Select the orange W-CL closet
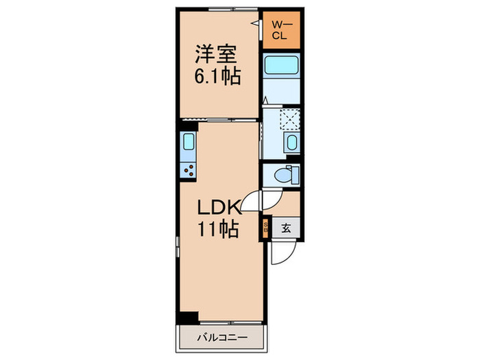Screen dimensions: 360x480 click(x=281, y=31)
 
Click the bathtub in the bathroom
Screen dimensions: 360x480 click(x=281, y=67)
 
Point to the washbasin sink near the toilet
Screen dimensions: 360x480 click(x=291, y=143)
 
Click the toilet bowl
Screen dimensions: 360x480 click(x=283, y=176)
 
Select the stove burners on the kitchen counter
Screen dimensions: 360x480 click(x=189, y=169)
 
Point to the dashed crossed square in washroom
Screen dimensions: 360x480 click(x=290, y=119)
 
